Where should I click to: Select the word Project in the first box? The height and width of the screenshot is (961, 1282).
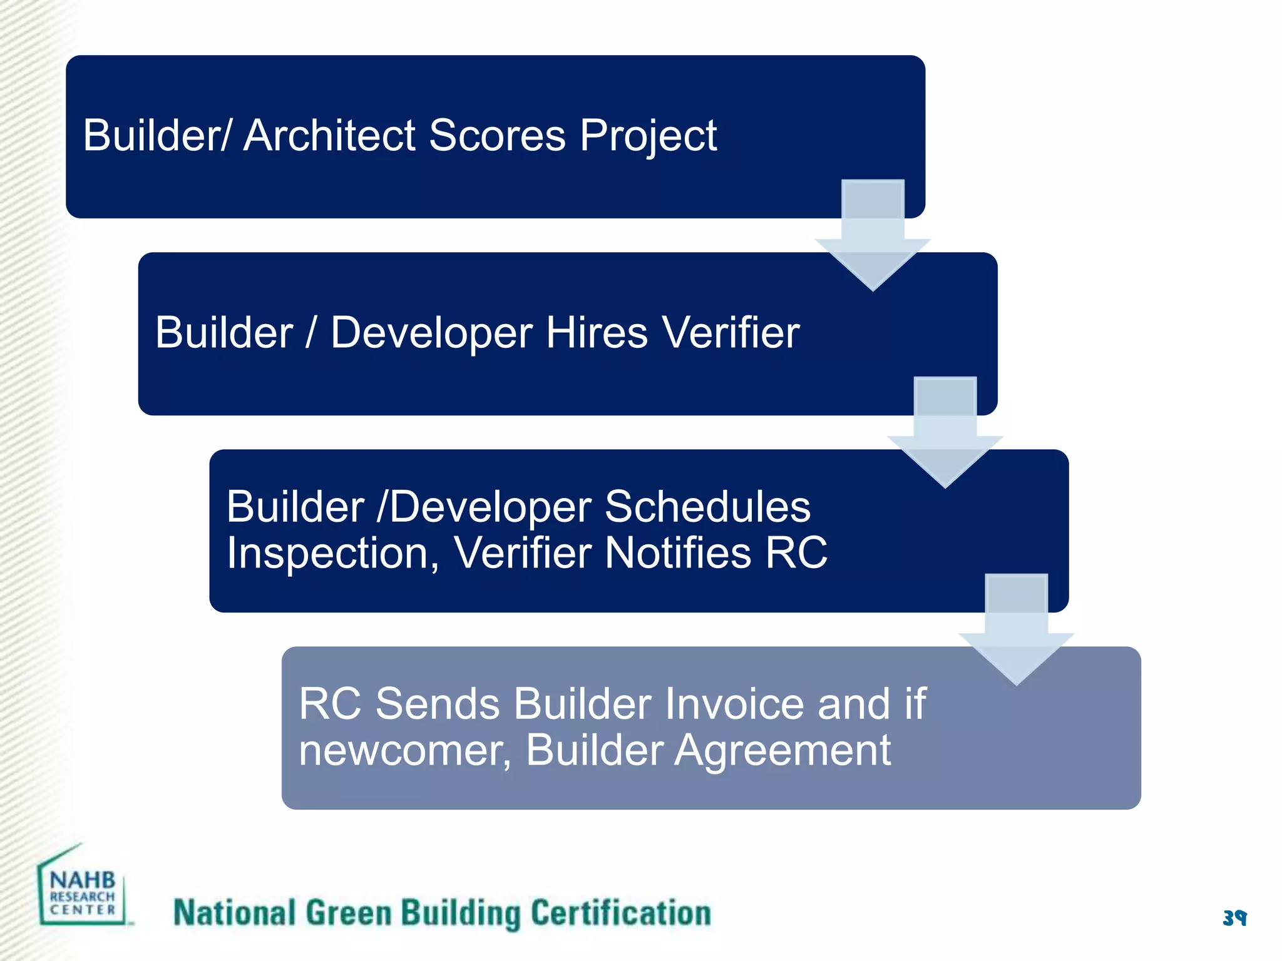click(647, 136)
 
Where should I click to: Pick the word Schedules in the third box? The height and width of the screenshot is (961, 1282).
click(707, 506)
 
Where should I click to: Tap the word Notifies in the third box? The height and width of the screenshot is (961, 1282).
click(677, 554)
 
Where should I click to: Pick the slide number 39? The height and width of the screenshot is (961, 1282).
click(1234, 918)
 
